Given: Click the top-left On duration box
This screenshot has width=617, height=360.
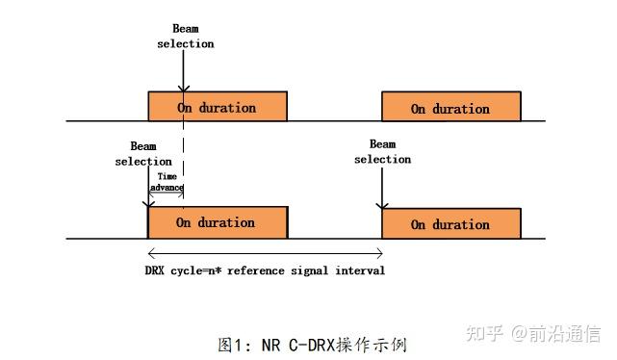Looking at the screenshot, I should [217, 107].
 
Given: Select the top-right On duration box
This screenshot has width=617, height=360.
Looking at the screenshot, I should [450, 108].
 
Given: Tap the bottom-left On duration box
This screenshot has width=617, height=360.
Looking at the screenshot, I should [217, 222].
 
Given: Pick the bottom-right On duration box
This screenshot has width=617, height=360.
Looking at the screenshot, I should [450, 223].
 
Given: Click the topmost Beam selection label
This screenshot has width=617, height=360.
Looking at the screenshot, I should [193, 37].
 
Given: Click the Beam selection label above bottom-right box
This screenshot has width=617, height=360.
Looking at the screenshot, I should [382, 152].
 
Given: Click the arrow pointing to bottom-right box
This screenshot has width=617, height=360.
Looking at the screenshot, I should [382, 188].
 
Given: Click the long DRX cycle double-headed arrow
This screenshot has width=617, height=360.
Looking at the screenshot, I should [265, 252].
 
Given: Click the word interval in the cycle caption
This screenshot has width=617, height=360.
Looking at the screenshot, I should [360, 270].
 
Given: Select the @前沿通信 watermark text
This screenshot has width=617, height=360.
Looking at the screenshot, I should [555, 334].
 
